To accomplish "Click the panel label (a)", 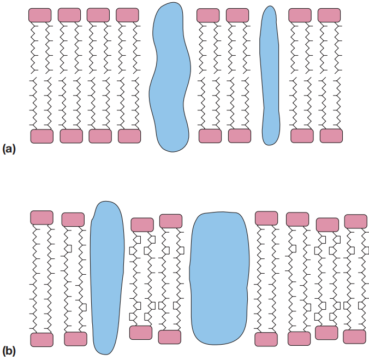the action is [9, 149].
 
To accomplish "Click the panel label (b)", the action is [9, 351].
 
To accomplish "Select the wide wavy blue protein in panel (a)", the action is [170, 77].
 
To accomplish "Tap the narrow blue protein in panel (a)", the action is [270, 75].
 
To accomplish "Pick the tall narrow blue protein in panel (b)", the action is [107, 278].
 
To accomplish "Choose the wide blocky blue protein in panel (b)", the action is [219, 278].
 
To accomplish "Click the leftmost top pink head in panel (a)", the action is [40, 15].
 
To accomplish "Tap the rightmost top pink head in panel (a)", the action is [329, 15].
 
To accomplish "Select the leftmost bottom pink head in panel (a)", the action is [42, 136].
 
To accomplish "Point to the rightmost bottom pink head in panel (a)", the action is [331, 136].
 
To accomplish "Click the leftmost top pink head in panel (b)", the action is [41, 217].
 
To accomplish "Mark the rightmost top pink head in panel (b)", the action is [356, 221].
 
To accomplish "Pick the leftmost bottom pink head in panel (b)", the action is [42, 340].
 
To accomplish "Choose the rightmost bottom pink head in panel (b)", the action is [354, 337].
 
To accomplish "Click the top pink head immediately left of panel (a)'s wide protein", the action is [127, 15].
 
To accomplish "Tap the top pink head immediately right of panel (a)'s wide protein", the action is [208, 15].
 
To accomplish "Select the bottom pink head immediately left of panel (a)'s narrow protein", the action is [240, 136].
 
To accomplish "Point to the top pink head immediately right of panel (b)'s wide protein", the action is [266, 219].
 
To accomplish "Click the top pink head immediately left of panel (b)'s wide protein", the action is [171, 221].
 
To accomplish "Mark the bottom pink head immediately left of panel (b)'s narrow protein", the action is [75, 339].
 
